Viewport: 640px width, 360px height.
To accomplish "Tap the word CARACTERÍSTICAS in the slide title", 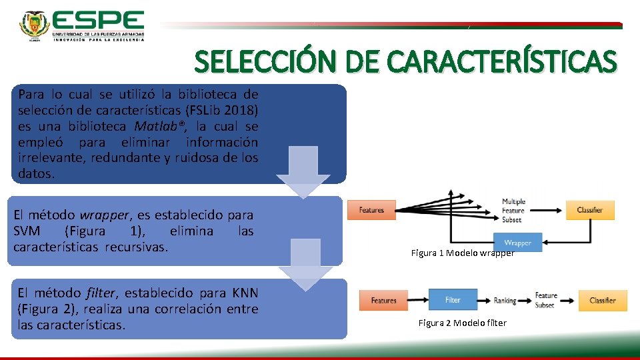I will (503, 63).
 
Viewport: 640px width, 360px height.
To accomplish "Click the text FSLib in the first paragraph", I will (209, 110).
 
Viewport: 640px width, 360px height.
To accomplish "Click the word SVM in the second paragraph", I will (28, 231).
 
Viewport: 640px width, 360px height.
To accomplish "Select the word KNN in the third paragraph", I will (245, 293).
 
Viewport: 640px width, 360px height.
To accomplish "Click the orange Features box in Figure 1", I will (371, 210).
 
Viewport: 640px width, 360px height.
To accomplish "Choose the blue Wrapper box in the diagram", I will (518, 243).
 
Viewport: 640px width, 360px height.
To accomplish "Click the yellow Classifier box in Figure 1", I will (590, 210).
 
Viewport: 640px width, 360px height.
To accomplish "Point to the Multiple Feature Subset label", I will (513, 211).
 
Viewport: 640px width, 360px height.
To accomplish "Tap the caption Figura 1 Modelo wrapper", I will (463, 253).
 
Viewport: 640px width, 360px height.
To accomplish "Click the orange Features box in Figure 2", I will (383, 301).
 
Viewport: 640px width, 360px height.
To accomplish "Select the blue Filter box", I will (453, 300).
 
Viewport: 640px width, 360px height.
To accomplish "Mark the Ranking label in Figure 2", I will (505, 301).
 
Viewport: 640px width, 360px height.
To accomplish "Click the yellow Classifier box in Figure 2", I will (603, 301).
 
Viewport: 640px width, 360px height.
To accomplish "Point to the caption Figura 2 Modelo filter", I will (462, 323).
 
